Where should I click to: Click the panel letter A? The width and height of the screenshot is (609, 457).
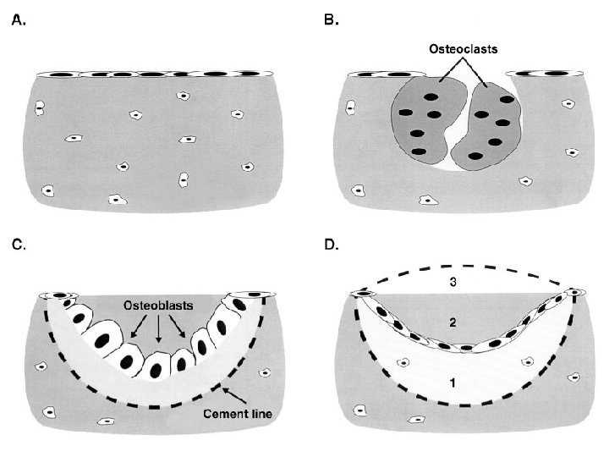tap(17, 22)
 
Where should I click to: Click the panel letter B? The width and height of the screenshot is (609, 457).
tap(332, 22)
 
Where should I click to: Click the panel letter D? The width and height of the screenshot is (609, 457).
tap(332, 245)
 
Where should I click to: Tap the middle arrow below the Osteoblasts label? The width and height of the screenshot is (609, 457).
tap(158, 330)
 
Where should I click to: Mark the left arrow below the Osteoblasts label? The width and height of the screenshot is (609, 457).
tap(135, 328)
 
